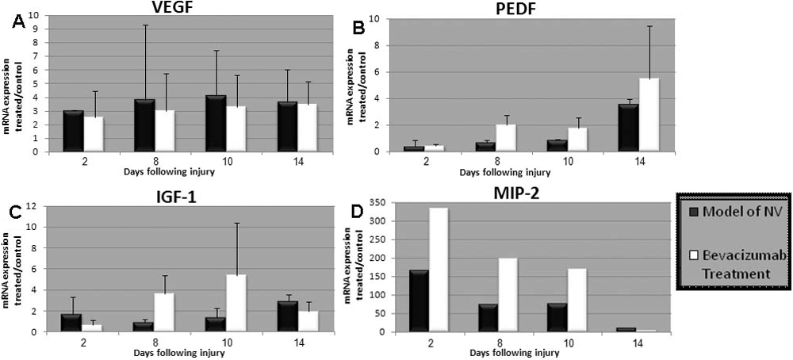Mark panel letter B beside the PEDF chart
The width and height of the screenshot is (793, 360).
pos(358,29)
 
